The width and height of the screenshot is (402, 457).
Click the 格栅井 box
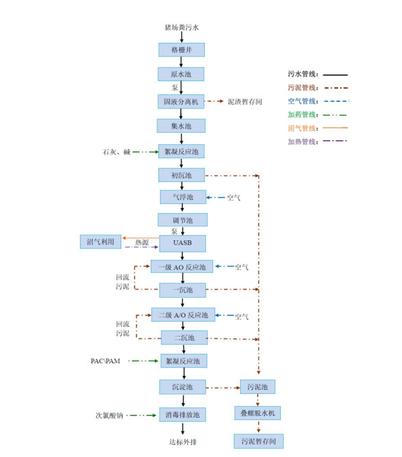pos(181,50)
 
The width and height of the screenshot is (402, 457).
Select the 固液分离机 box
pos(181,102)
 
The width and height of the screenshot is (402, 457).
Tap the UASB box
pos(182,244)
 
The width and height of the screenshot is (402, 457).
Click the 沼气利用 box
pos(100,242)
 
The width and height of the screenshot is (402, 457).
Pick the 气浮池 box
pos(183,197)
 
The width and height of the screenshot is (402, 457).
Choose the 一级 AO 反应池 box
pos(182,267)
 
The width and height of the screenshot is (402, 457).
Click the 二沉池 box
pos(184,337)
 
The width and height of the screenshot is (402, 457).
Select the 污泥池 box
pos(257,387)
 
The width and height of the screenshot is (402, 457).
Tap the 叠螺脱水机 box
pos(257,413)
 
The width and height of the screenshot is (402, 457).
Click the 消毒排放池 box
pos(183,414)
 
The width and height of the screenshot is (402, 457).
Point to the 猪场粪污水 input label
pos(182,27)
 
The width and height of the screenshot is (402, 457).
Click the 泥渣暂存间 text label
pos(245,102)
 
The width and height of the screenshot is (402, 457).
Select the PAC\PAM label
pos(105,361)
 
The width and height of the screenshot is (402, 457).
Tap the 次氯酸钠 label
pos(110,415)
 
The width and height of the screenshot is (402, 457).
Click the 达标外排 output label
pos(183,442)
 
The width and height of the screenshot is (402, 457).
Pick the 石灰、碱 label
pos(116,152)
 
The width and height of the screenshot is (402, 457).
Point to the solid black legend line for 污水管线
pos(336,75)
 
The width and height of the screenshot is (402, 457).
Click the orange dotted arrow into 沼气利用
pos(141,238)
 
